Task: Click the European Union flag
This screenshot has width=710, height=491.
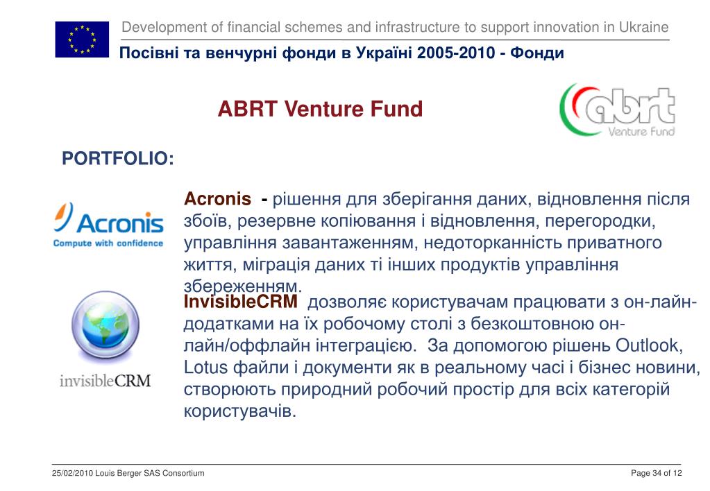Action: pos(82,40)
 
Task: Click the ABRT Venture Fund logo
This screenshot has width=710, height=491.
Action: pos(618,110)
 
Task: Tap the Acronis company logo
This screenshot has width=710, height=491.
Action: pos(108,225)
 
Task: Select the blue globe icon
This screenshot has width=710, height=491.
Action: pos(105,325)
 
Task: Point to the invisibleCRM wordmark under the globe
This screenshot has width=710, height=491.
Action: pos(105,381)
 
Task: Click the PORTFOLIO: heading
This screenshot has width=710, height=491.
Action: pos(118,158)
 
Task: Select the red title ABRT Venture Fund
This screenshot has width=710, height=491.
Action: pos(320,109)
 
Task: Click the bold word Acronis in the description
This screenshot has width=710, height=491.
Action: pos(217,198)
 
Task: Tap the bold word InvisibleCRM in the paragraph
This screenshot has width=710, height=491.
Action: pos(240,302)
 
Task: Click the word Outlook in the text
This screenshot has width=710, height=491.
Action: pos(648,345)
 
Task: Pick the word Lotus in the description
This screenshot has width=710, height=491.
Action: pos(205,367)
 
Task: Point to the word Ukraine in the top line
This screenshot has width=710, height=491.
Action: pos(643,27)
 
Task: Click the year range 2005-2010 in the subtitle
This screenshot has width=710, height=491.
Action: pos(456,53)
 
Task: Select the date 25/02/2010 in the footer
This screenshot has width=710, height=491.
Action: pos(72,474)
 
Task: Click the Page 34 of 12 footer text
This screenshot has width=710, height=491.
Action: pos(656,474)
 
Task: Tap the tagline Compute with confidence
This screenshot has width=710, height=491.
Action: pos(108,243)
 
